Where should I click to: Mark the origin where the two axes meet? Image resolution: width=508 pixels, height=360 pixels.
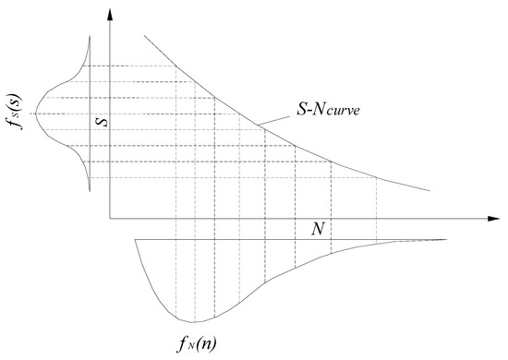(x=109, y=219)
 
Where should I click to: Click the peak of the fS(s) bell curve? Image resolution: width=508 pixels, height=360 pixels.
(x=32, y=113)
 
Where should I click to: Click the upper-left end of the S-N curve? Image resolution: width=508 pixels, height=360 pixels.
(x=143, y=36)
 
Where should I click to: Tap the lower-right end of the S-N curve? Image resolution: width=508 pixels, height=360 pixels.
(x=429, y=190)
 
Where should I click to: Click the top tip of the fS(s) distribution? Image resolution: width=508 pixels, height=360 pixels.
(x=91, y=35)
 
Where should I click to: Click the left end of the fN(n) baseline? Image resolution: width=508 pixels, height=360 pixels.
(x=135, y=239)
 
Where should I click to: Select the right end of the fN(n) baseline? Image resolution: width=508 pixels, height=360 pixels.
(x=446, y=239)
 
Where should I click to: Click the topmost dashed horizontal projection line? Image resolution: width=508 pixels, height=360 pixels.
(x=129, y=65)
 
